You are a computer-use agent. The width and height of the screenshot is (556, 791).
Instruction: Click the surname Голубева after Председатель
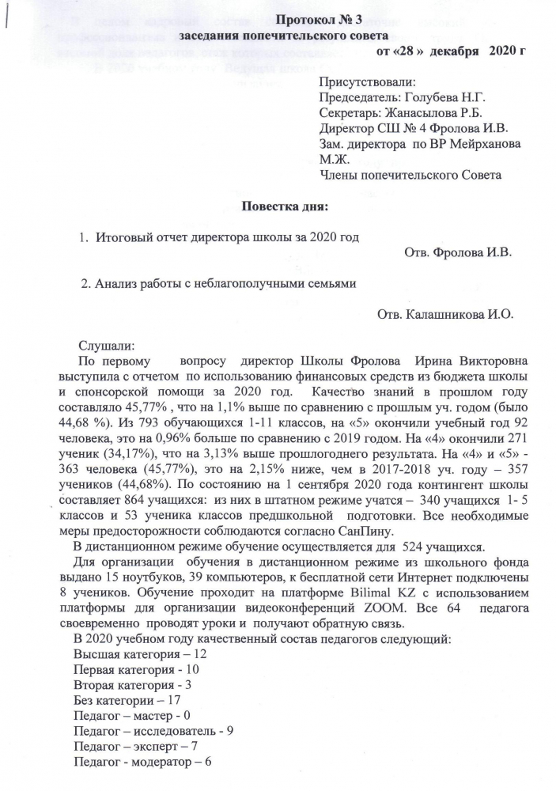tap(438, 97)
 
